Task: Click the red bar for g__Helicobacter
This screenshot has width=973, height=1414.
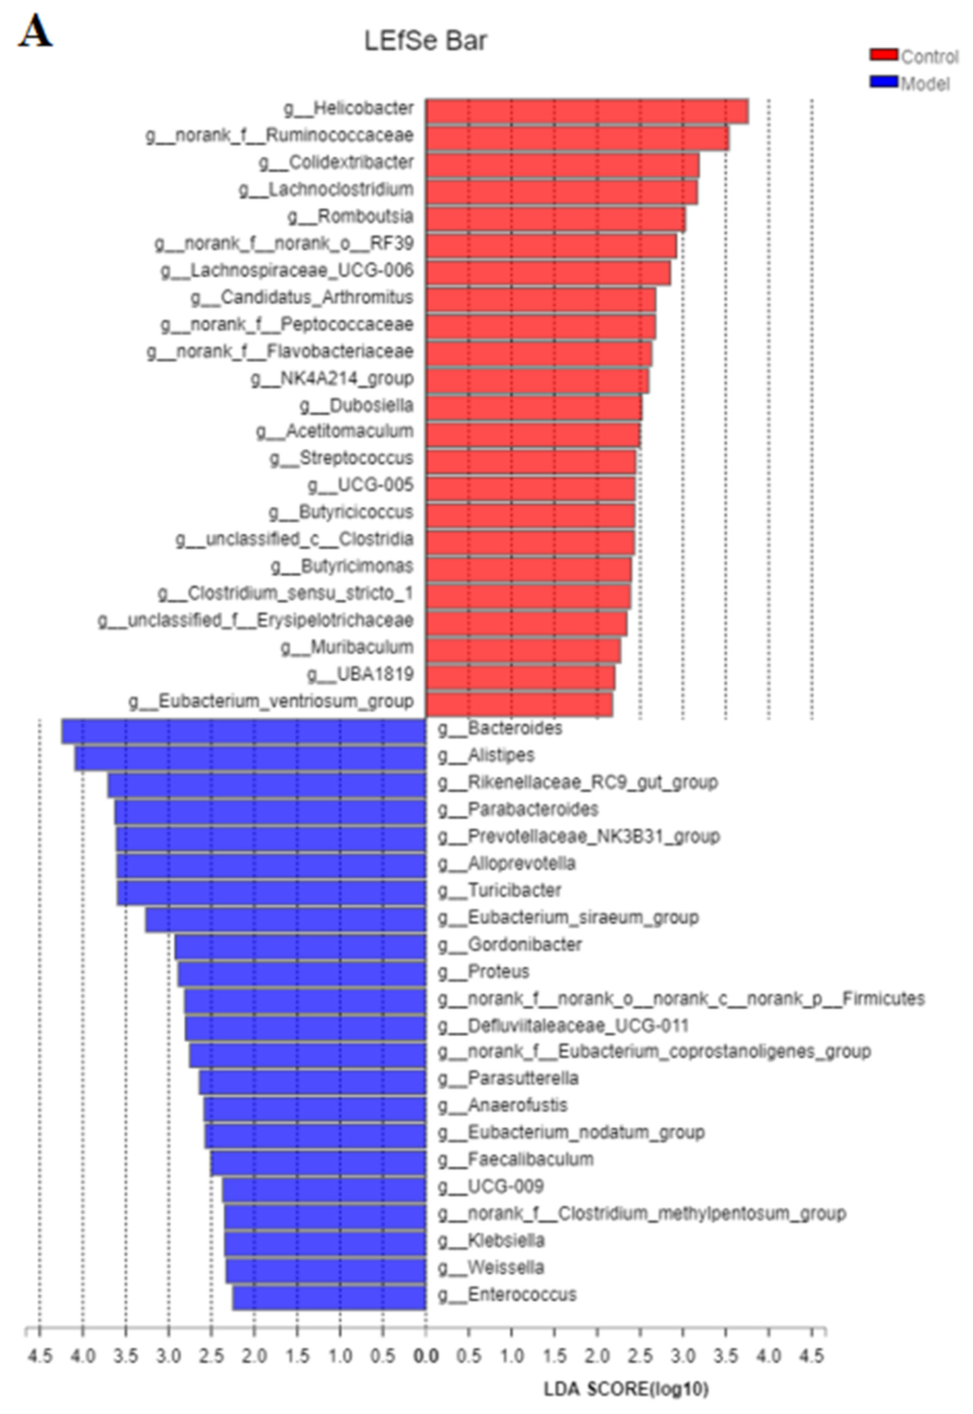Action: [x=586, y=111]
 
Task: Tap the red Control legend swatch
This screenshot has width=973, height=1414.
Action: [x=883, y=55]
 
